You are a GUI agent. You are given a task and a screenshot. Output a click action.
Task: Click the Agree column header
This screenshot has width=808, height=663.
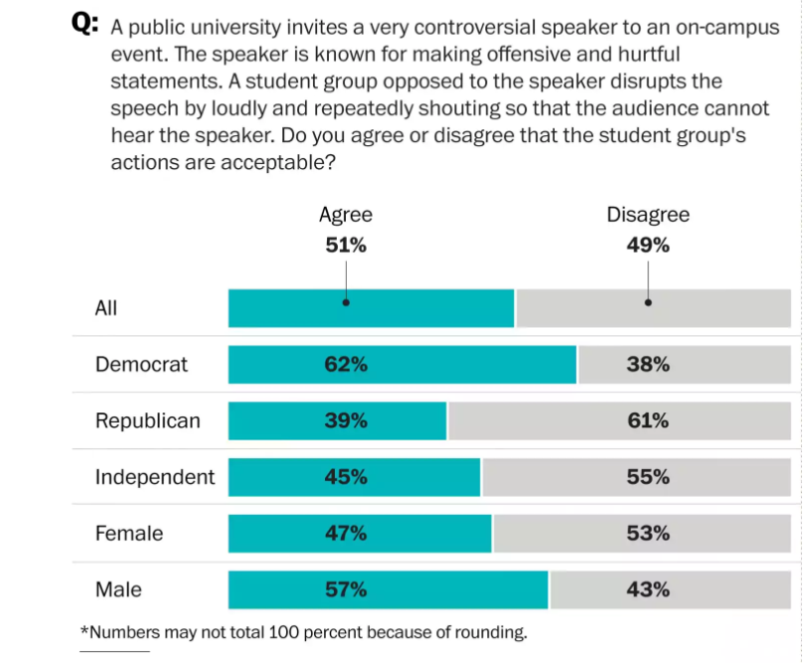point(346,215)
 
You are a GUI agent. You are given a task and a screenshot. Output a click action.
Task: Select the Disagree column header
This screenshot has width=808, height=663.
point(648,215)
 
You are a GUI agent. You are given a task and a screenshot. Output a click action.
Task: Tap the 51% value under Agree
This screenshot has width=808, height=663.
point(346,245)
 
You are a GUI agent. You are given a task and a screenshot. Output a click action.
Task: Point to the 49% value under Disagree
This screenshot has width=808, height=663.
point(648,245)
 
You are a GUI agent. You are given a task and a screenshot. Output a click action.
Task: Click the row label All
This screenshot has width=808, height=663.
point(106,308)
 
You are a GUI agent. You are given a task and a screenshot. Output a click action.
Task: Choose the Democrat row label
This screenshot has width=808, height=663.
point(141,365)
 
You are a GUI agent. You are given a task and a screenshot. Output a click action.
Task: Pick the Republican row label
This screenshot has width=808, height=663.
point(147,421)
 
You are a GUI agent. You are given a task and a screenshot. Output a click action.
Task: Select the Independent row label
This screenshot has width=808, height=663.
point(154,477)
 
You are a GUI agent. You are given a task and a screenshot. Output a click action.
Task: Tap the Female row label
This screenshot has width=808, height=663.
point(129,534)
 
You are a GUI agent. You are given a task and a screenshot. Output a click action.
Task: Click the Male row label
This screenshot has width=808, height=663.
point(118,590)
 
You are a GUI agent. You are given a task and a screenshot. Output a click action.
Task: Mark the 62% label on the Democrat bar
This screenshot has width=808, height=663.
point(346,365)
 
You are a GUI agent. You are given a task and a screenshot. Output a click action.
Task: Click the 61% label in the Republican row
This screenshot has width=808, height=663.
point(648,421)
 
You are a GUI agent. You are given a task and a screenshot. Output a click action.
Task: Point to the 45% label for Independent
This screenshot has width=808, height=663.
point(346,477)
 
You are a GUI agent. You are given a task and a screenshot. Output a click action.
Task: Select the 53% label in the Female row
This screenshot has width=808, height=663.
point(648,534)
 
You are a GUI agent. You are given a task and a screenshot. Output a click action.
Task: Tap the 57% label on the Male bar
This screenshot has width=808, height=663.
point(346,590)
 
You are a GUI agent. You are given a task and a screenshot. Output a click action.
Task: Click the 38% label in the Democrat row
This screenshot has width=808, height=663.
point(648,365)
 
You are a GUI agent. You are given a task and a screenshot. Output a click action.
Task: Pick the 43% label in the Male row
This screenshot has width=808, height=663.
point(648,590)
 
